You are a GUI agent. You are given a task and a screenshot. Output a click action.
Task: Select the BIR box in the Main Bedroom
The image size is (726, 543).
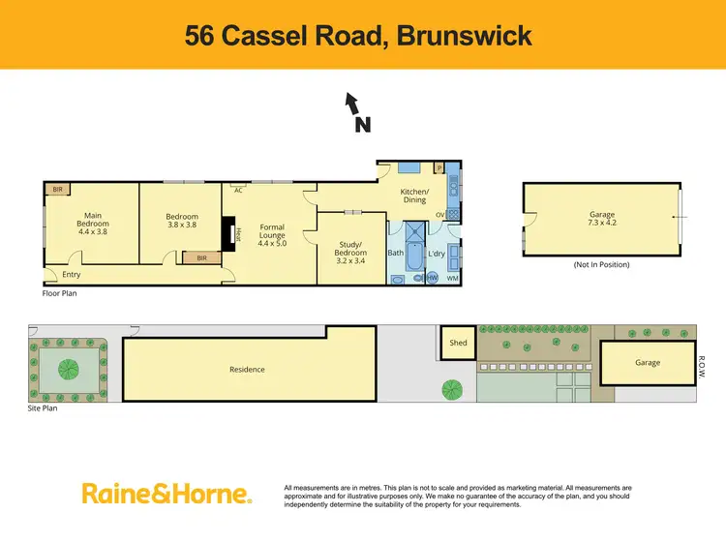pyautogui.click(x=58, y=190)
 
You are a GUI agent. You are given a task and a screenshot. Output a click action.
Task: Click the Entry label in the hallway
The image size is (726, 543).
pyautogui.click(x=71, y=274)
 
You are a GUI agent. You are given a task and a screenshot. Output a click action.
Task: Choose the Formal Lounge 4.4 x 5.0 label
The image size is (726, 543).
pyautogui.click(x=272, y=234)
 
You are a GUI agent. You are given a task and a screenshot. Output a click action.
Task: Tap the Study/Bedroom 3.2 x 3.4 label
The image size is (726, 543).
pyautogui.click(x=351, y=253)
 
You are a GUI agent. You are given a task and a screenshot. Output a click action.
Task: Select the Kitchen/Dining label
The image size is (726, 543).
pyautogui.click(x=414, y=196)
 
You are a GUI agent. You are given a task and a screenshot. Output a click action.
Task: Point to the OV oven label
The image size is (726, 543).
pyautogui.click(x=440, y=215)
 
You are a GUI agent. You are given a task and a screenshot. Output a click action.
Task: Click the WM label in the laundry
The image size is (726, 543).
pyautogui.click(x=452, y=278)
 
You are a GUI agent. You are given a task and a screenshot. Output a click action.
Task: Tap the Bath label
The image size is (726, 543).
pyautogui.click(x=395, y=253)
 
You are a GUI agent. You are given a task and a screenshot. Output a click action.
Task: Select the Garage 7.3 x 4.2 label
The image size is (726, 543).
pyautogui.click(x=602, y=219)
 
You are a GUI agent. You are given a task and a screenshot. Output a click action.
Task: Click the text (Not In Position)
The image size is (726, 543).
pyautogui.click(x=601, y=264)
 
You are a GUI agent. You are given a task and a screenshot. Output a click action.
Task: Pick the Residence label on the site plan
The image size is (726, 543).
pyautogui.click(x=247, y=369)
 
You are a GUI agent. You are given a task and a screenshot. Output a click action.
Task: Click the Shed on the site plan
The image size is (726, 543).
pyautogui.click(x=458, y=343)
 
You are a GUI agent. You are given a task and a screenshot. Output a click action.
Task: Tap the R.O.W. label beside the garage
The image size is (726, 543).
pyautogui.click(x=703, y=363)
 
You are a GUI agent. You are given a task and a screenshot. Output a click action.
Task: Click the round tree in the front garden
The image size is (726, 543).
pyautogui.click(x=68, y=369)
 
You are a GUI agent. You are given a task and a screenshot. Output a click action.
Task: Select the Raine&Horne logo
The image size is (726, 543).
pyautogui.click(x=166, y=494)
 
